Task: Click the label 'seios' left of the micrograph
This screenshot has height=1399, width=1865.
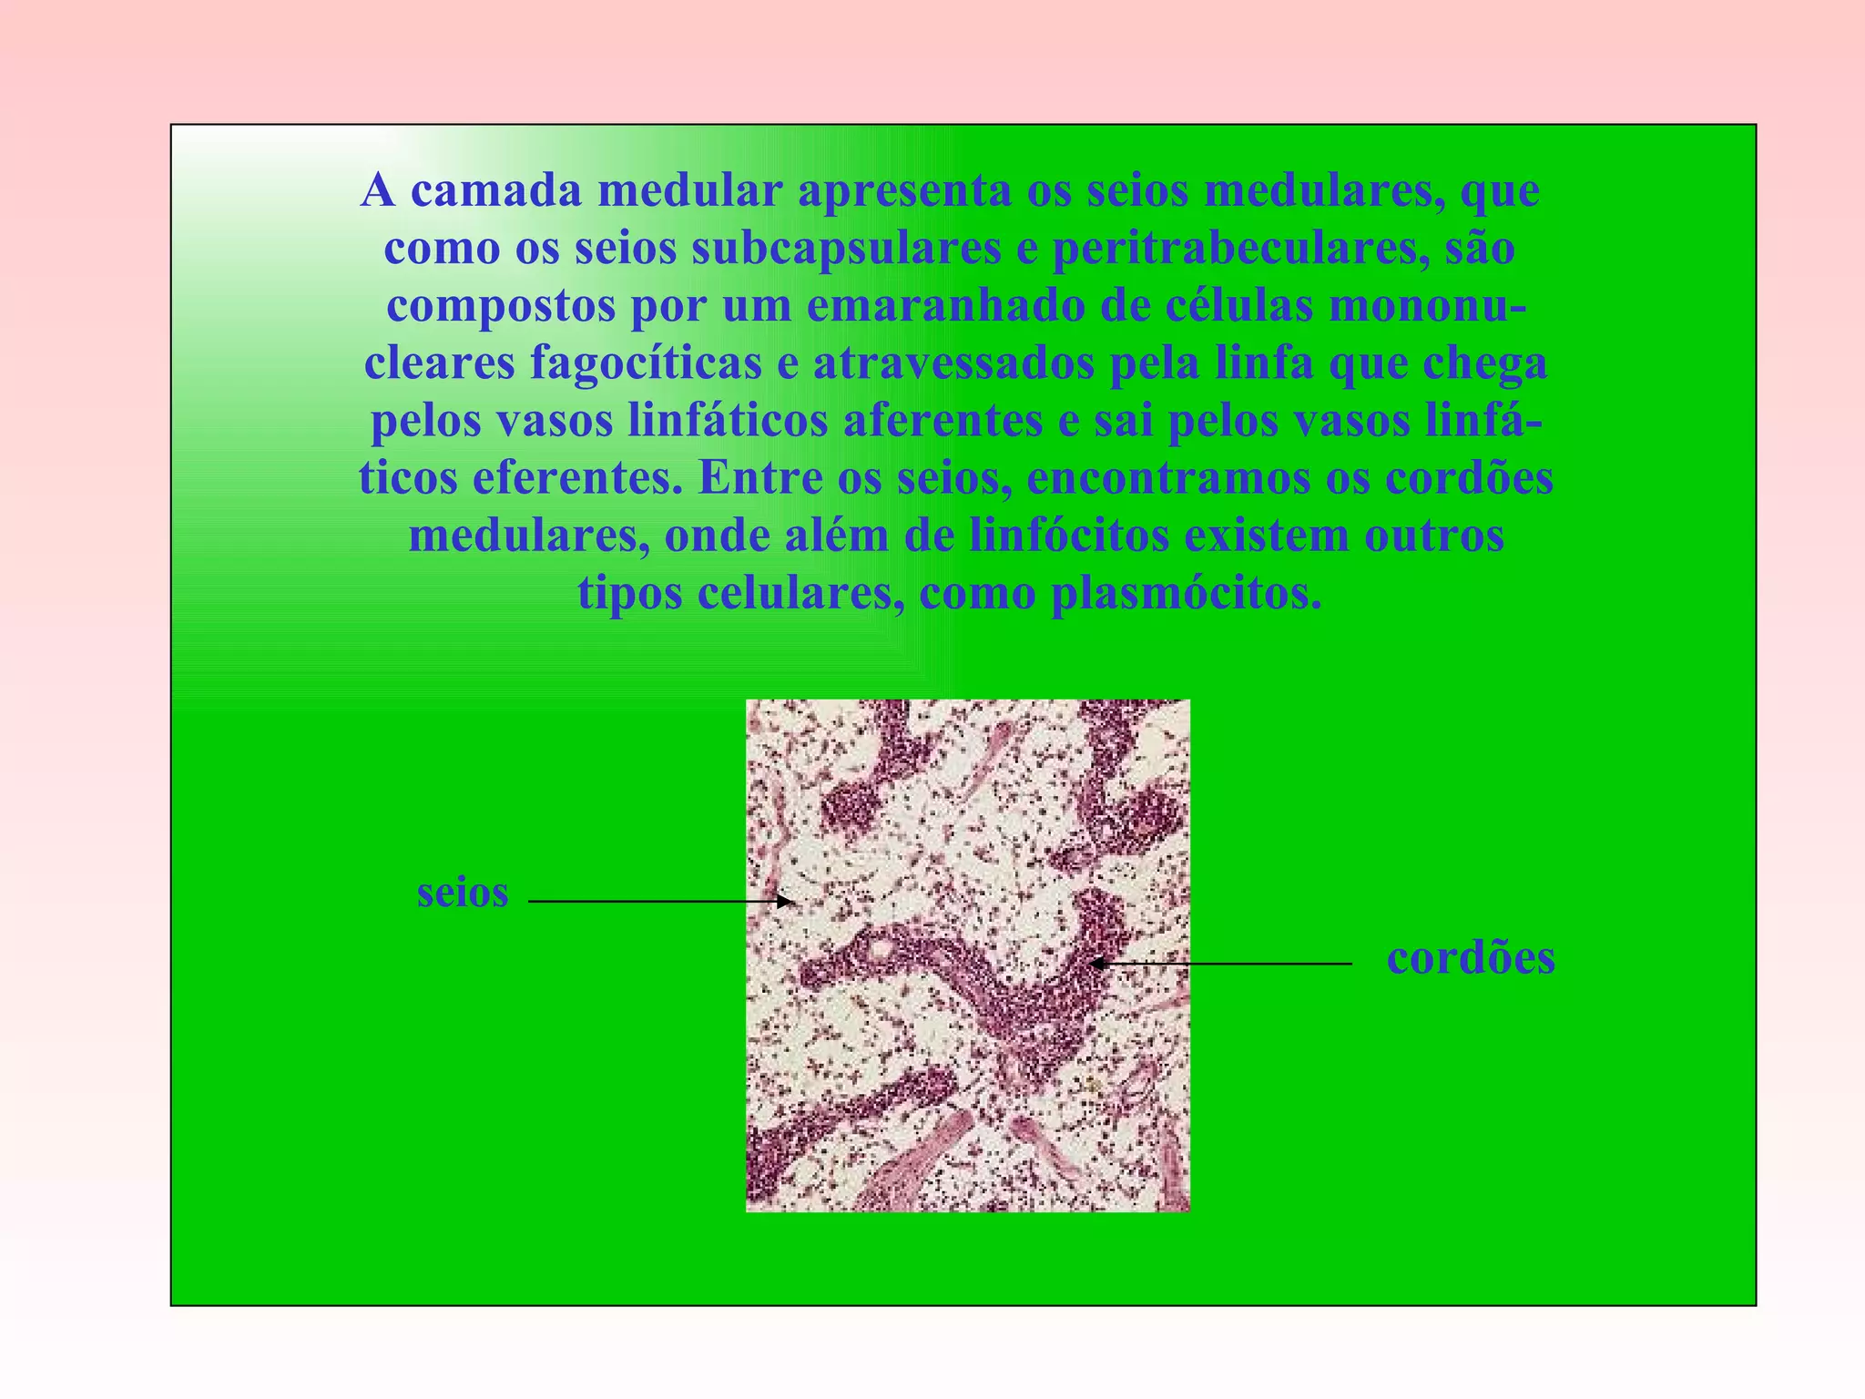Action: (x=462, y=894)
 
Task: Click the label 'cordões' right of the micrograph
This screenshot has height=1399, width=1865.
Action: (x=1471, y=958)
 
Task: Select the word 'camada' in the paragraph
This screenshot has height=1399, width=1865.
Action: (x=496, y=190)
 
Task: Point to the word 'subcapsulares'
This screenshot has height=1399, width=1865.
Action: (x=846, y=249)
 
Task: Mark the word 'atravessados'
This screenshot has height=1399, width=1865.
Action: (x=953, y=363)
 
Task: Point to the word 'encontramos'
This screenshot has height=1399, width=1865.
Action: (x=1167, y=478)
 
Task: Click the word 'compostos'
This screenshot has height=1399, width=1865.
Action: (x=501, y=306)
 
